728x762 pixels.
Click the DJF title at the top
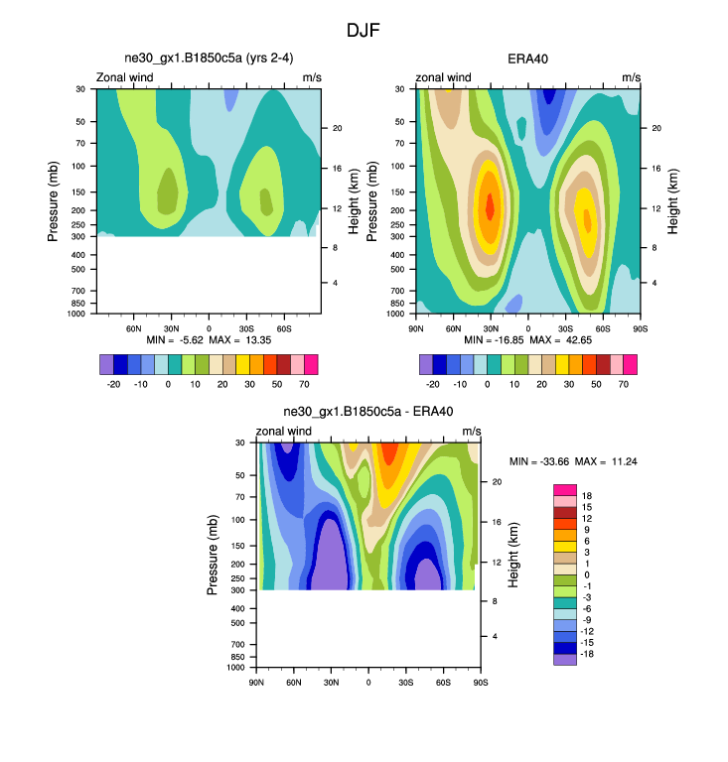[x=364, y=31]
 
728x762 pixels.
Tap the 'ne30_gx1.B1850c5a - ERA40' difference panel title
[x=367, y=413]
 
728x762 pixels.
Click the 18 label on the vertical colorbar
[x=586, y=494]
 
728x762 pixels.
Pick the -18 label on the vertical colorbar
[x=588, y=657]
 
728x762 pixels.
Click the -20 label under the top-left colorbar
[x=113, y=382]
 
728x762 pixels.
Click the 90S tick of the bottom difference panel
[x=480, y=682]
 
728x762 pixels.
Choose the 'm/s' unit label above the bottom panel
[x=472, y=432]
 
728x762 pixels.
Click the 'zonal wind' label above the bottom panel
[x=284, y=432]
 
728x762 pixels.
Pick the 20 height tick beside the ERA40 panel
[x=655, y=128]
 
